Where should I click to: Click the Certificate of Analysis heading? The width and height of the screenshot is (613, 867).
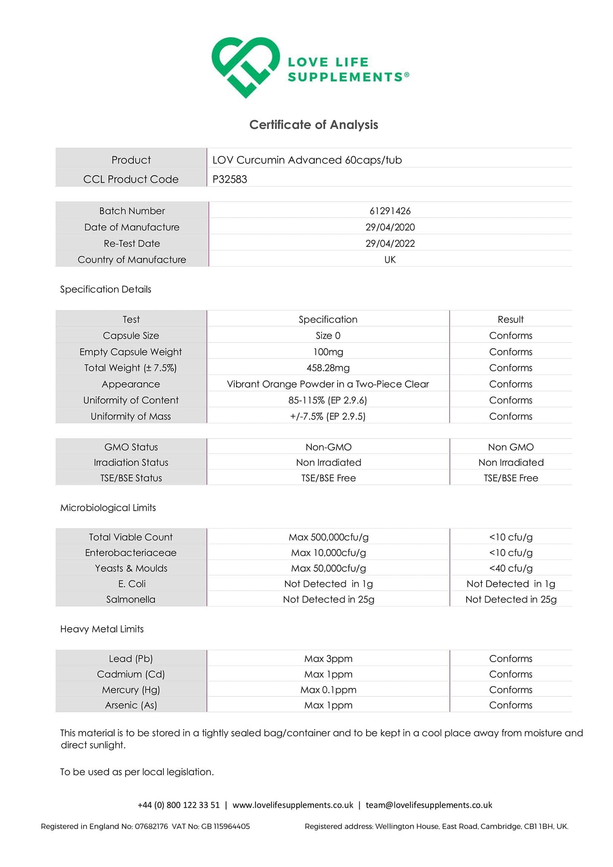[x=313, y=125]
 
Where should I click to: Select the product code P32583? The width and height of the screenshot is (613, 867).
[x=230, y=179]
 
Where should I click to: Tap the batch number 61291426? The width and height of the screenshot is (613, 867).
[x=390, y=211]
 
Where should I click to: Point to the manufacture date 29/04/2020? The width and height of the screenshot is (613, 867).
[x=390, y=227]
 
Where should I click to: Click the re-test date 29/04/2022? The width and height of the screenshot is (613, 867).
[x=390, y=243]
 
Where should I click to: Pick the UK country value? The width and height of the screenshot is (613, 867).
[x=390, y=260]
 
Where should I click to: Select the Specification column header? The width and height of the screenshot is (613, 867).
[x=328, y=319]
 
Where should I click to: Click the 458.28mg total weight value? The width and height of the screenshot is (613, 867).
[x=328, y=368]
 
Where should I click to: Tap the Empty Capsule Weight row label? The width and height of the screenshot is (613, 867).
[x=131, y=352]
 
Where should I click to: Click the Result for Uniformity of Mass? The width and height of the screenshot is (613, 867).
[x=510, y=416]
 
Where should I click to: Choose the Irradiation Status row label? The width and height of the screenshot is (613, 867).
[x=131, y=462]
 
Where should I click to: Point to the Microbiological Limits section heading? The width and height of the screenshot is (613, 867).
[x=108, y=508]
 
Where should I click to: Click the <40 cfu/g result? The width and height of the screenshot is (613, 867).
[x=510, y=568]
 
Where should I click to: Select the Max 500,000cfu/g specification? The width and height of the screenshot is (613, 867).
[x=328, y=537]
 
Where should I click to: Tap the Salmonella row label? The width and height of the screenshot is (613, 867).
[x=131, y=599]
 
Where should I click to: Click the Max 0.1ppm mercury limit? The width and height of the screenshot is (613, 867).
[x=328, y=690]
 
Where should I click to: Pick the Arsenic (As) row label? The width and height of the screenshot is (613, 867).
[x=131, y=705]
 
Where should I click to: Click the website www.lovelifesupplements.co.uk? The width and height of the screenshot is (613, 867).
[x=293, y=805]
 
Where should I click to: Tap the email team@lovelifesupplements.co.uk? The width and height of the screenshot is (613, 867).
[x=429, y=805]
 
